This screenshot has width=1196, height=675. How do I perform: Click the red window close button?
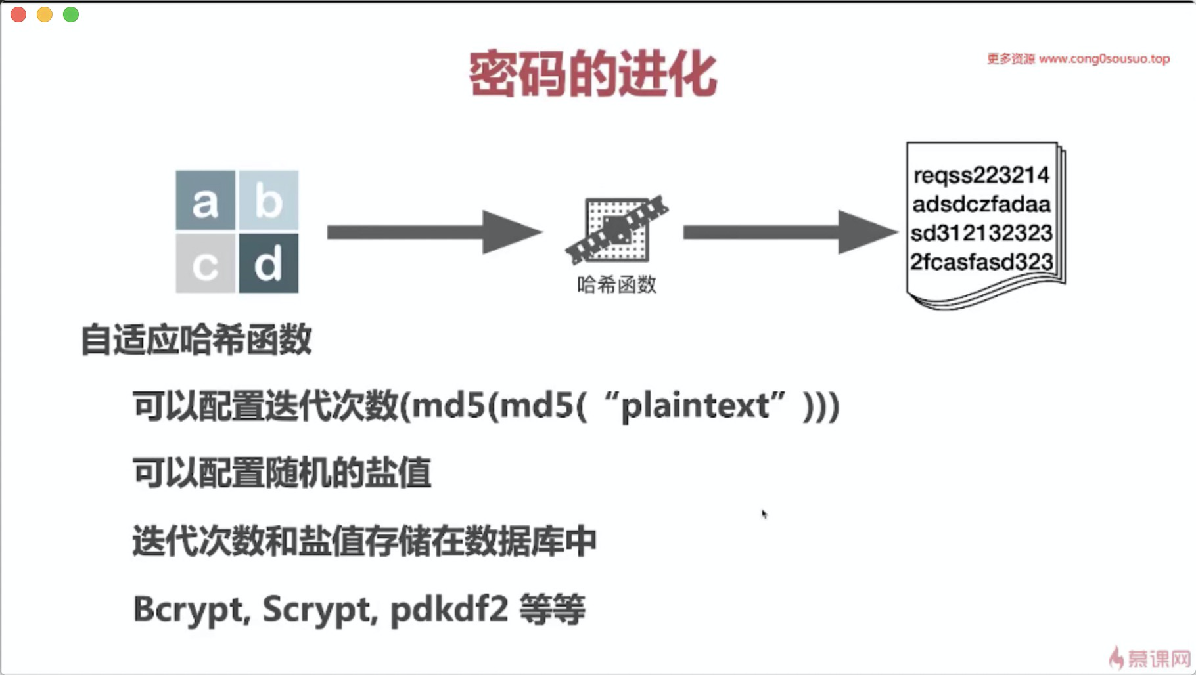[18, 14]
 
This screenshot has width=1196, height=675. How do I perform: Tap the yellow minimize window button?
[45, 14]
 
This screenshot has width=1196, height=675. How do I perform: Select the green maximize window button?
[71, 14]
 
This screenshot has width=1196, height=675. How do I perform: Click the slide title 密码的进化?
[592, 74]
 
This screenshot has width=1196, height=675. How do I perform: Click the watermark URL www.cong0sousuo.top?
[1104, 59]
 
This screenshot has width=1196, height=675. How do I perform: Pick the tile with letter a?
[205, 201]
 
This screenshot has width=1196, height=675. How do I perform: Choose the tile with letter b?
[268, 201]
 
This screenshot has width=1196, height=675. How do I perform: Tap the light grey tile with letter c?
[205, 264]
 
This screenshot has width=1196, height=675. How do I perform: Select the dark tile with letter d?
[268, 264]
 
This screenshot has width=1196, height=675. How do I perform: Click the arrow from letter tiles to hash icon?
[434, 232]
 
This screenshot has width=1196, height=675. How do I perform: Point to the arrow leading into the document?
[789, 232]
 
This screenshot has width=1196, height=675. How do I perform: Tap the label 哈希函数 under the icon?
[616, 285]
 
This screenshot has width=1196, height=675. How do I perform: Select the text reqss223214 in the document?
[981, 175]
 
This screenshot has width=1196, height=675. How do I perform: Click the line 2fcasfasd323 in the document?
[981, 262]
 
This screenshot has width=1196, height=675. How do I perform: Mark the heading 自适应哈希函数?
[196, 340]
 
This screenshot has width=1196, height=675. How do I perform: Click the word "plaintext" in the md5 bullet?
[695, 406]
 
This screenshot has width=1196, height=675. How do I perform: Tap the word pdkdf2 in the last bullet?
[449, 609]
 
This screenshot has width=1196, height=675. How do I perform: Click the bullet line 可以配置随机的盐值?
[281, 473]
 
